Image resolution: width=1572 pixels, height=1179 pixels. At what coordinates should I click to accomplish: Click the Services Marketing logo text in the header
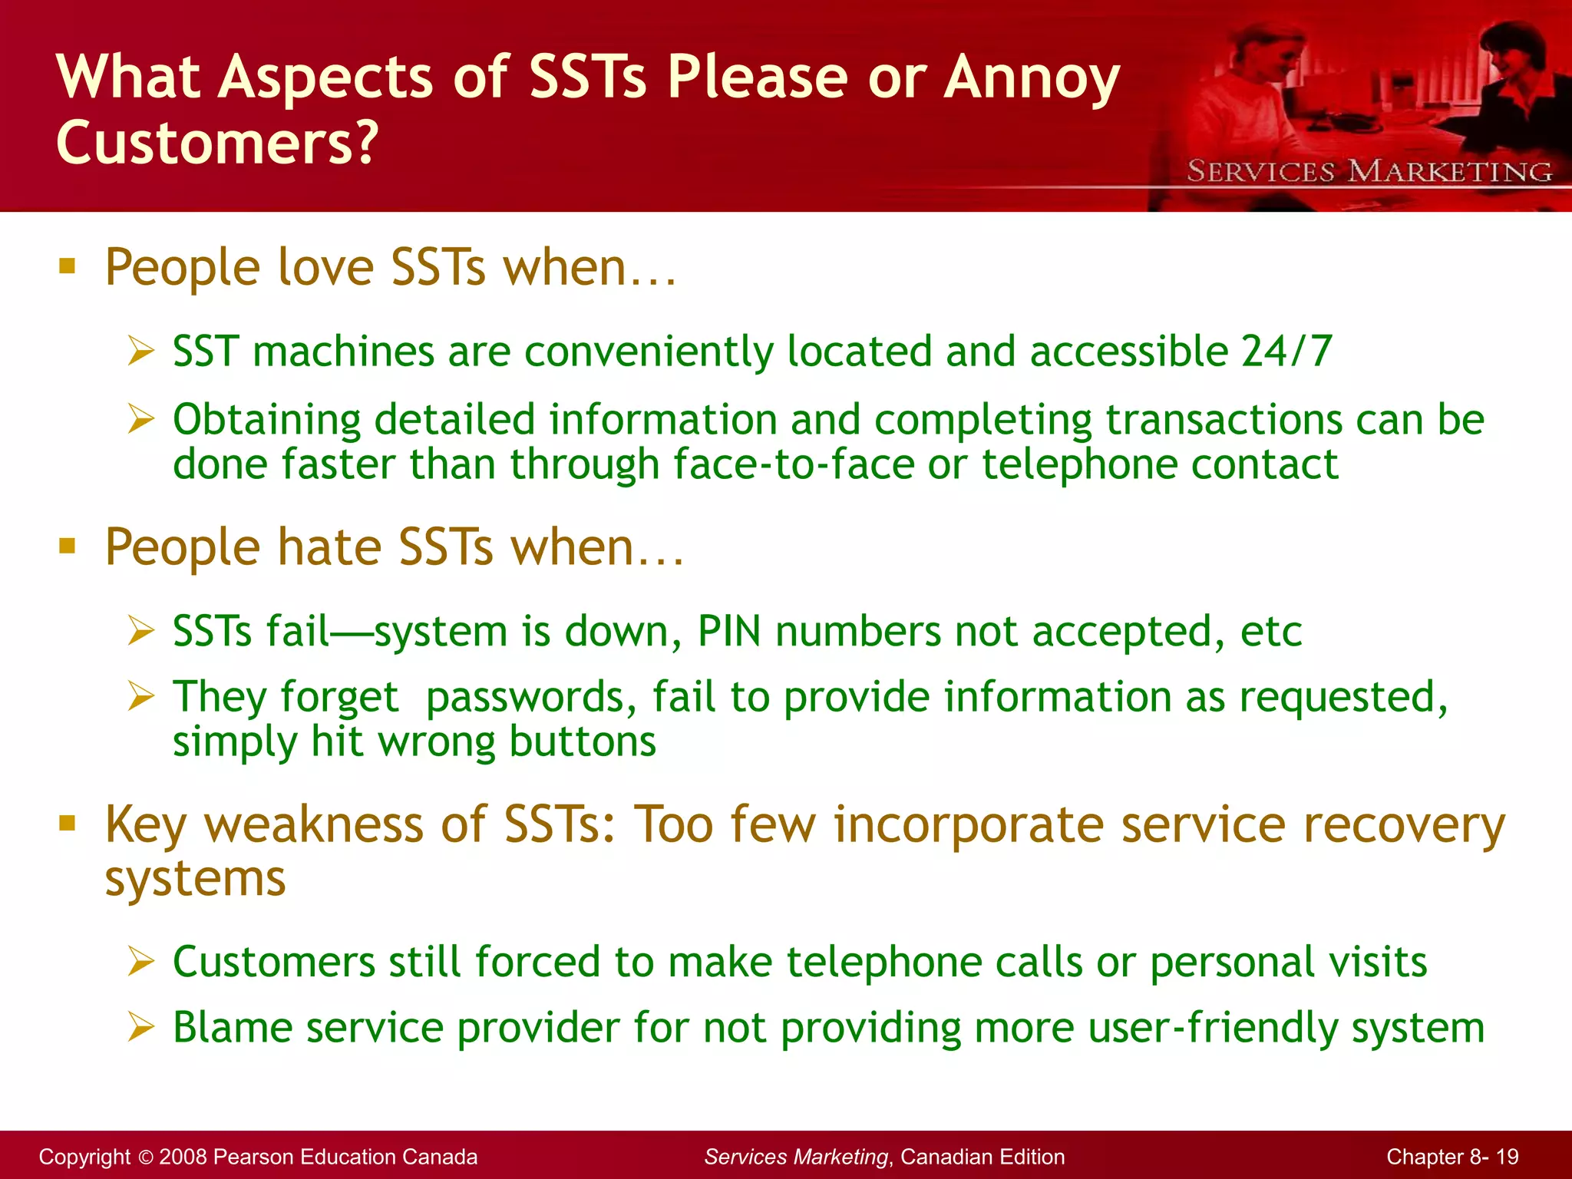point(1369,171)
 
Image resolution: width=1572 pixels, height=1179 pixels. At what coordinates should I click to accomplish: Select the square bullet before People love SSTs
point(68,266)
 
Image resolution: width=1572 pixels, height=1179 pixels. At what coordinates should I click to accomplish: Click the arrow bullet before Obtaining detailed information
point(141,419)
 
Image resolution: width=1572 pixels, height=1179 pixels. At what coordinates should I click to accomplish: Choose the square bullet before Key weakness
point(68,824)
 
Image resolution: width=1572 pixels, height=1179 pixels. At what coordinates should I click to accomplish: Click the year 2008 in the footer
point(183,1157)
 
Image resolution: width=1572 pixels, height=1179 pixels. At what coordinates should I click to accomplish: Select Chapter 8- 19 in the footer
point(1452,1157)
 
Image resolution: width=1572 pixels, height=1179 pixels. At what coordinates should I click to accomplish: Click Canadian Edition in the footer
point(982,1157)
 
